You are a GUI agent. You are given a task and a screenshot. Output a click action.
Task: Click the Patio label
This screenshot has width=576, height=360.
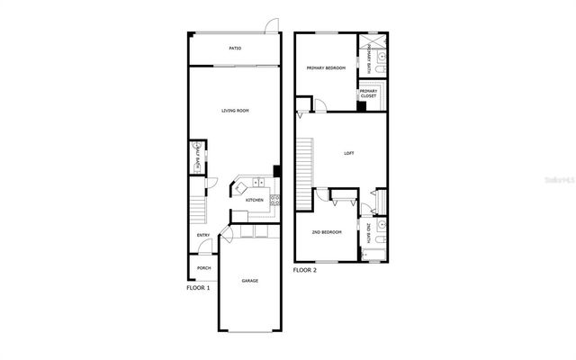coord(235,49)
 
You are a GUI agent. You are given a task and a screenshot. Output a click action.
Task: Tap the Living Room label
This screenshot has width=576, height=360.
coord(235,111)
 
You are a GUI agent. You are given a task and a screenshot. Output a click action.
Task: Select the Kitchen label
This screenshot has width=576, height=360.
coord(254,200)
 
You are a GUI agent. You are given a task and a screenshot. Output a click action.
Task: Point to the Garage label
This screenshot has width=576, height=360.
coord(249,281)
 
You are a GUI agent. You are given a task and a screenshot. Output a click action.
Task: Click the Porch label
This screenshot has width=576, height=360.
coord(204,267)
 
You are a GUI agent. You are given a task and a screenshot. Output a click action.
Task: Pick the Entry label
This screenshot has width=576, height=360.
coord(204,236)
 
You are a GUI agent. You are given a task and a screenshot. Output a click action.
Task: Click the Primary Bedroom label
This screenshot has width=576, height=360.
coord(326,67)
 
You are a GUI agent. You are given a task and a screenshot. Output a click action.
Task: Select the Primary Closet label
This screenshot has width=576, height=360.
coord(368,93)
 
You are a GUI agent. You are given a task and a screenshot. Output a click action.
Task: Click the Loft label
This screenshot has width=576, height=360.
coord(349,153)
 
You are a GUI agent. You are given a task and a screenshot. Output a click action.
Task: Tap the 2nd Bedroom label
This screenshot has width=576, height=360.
coord(327,232)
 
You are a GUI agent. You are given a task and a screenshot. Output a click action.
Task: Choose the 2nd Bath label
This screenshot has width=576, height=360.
coord(369,233)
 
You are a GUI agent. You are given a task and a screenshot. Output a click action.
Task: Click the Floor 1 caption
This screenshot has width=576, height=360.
coord(198,288)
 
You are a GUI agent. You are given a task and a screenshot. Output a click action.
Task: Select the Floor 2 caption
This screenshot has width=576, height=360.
coord(306,270)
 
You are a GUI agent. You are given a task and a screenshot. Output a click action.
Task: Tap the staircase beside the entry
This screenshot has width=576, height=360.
coord(198,209)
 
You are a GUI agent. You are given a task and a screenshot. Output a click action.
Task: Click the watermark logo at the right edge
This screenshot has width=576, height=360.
coord(558,180)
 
